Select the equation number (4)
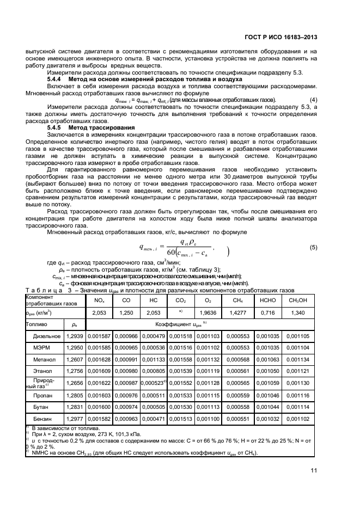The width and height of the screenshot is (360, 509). pyautogui.click(x=313, y=100)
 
